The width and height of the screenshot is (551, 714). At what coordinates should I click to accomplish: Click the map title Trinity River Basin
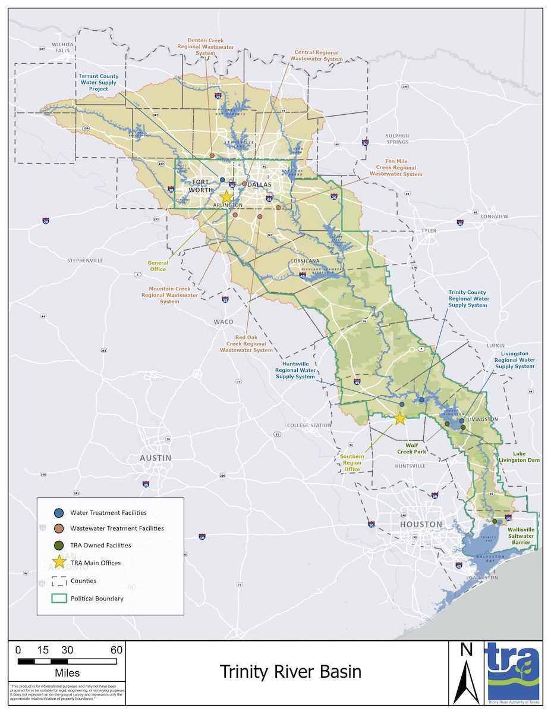point(290,672)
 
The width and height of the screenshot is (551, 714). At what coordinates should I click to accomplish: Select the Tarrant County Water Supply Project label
point(99,83)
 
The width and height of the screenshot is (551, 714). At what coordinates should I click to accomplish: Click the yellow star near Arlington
point(226,197)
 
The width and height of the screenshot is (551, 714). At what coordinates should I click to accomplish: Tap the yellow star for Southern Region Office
point(400,418)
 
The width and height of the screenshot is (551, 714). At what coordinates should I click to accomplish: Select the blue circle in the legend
point(59,512)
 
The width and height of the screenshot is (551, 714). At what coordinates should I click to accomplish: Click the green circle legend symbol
point(59,544)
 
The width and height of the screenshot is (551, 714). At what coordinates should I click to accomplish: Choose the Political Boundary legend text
point(97,599)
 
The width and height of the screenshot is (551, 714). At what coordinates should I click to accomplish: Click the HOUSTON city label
point(420,524)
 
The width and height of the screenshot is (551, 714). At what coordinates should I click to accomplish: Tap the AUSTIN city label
point(155,458)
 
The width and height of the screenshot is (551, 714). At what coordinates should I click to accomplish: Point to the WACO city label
point(223,321)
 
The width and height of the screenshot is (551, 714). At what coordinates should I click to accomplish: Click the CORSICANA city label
point(306,261)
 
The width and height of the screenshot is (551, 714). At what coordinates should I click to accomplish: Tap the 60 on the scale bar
point(116,650)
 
